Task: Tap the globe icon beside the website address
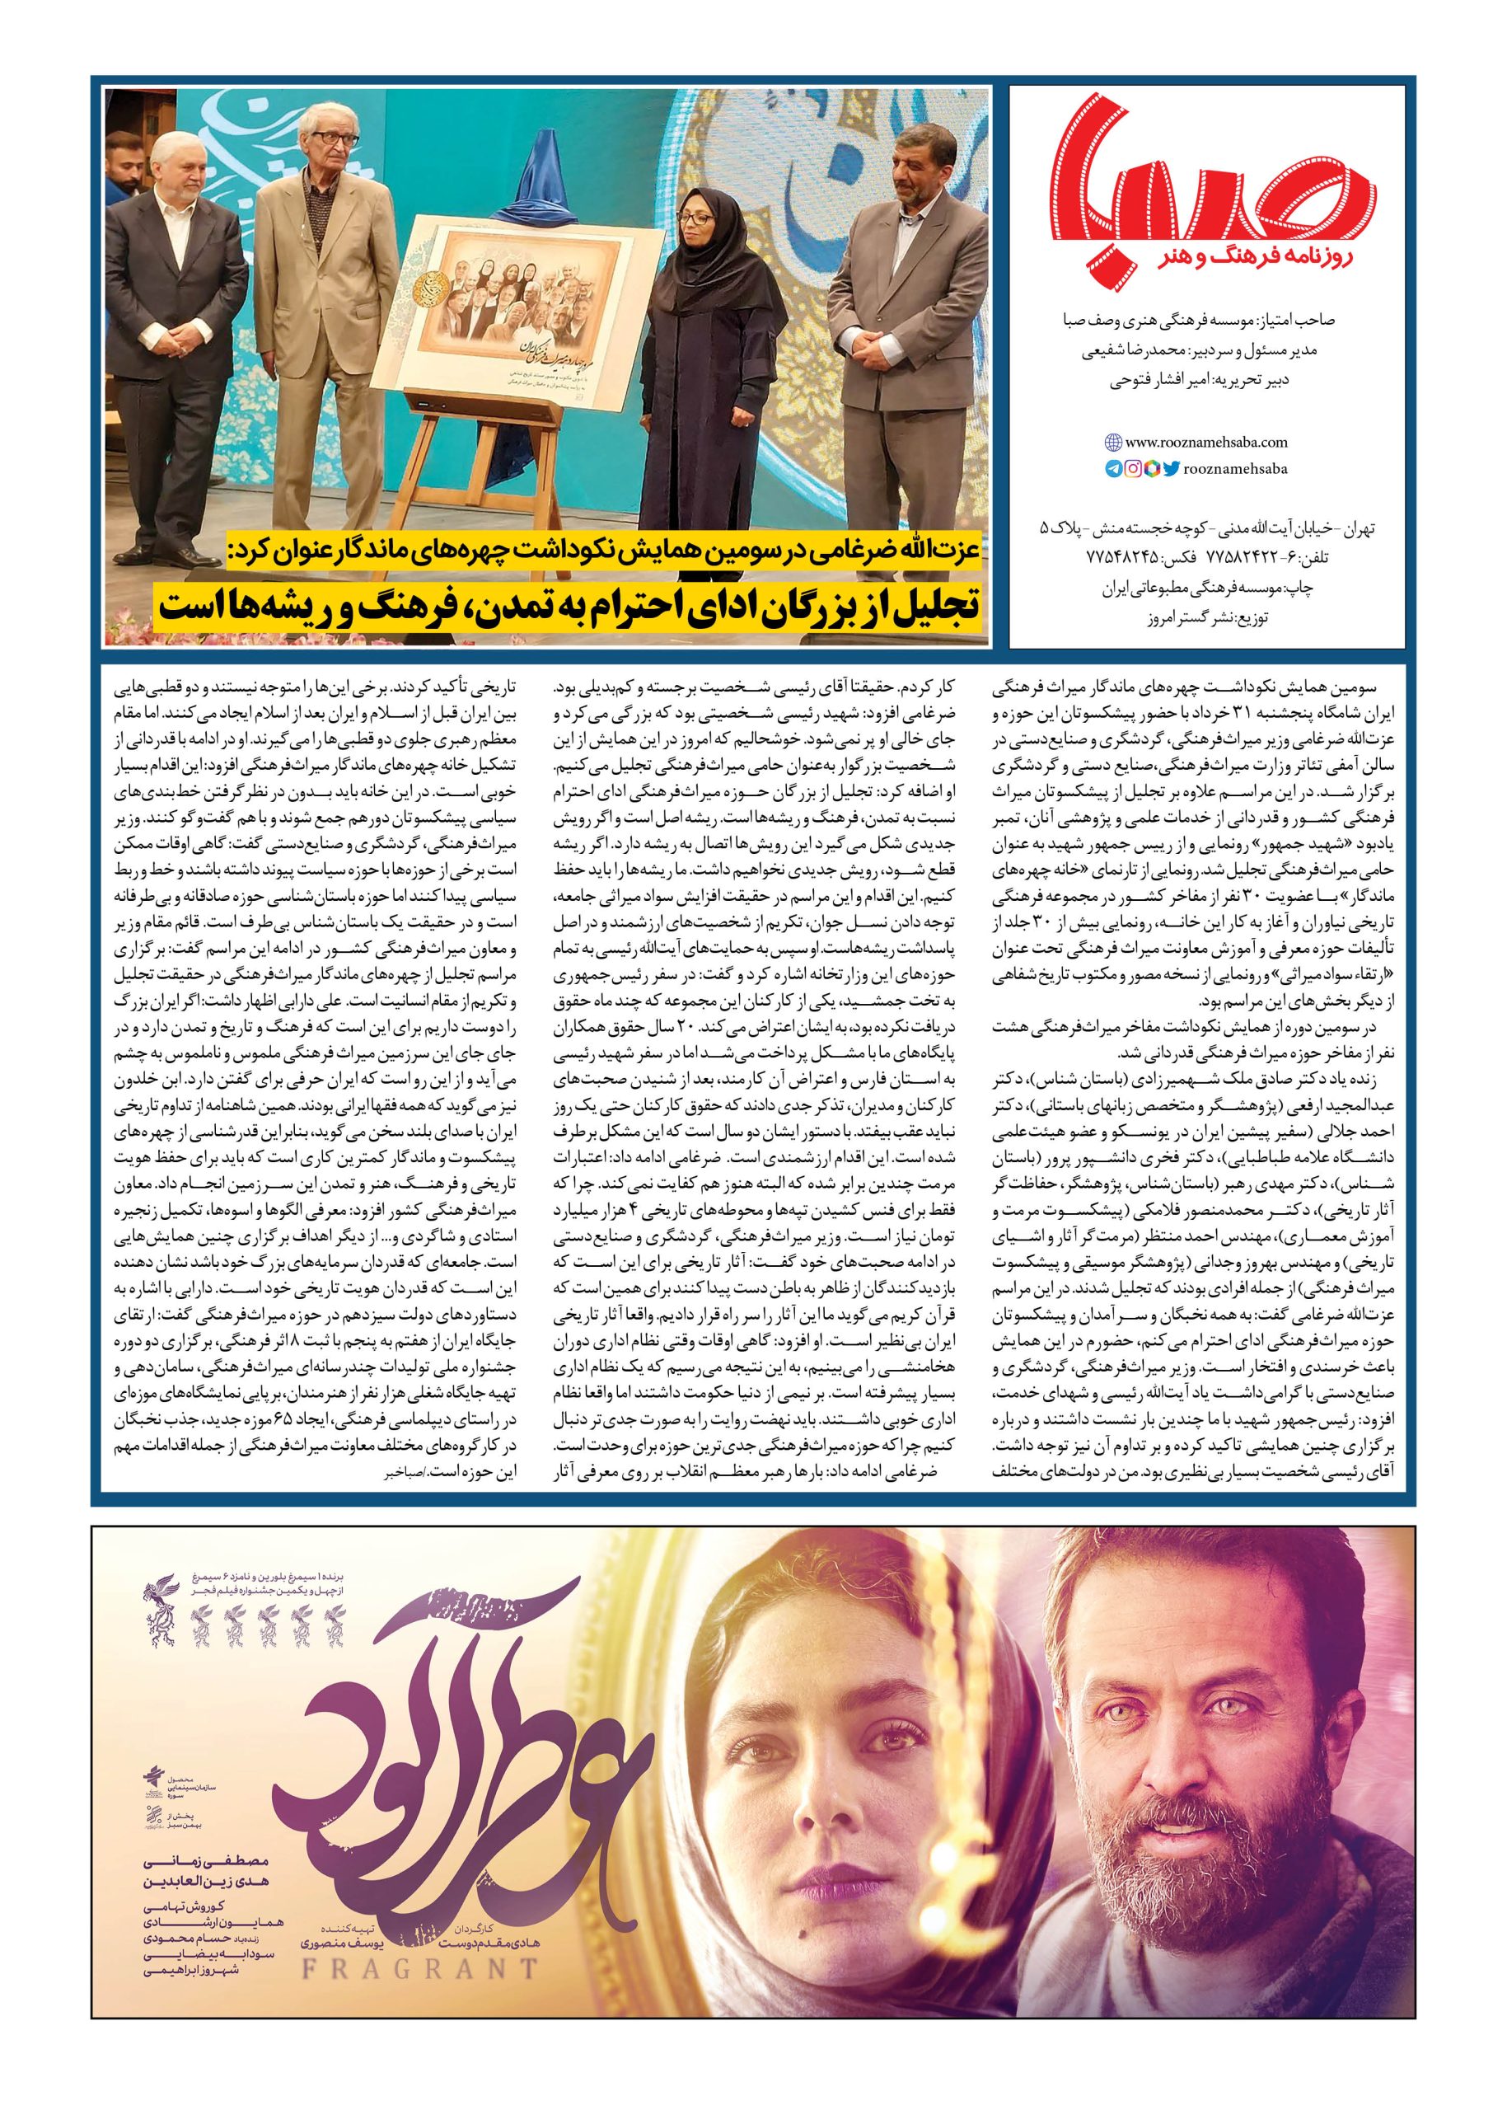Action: [x=1112, y=443]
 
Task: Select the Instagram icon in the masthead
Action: [x=1133, y=470]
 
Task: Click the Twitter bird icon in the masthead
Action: [x=1171, y=470]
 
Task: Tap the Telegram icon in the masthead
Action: [x=1113, y=470]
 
